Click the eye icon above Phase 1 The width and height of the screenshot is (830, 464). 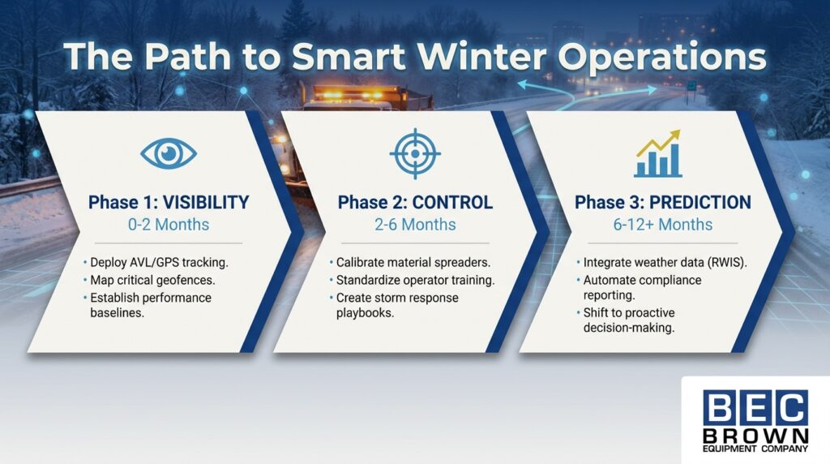click(169, 153)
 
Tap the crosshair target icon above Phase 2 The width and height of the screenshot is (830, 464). click(414, 153)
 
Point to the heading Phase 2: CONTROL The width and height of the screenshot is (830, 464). click(415, 202)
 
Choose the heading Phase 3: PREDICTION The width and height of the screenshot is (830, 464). click(663, 202)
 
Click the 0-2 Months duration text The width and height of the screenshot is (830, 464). click(169, 224)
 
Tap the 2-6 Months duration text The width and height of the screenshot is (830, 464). click(415, 224)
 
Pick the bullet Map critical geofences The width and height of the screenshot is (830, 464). click(148, 281)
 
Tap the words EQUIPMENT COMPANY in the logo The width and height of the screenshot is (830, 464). click(755, 448)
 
